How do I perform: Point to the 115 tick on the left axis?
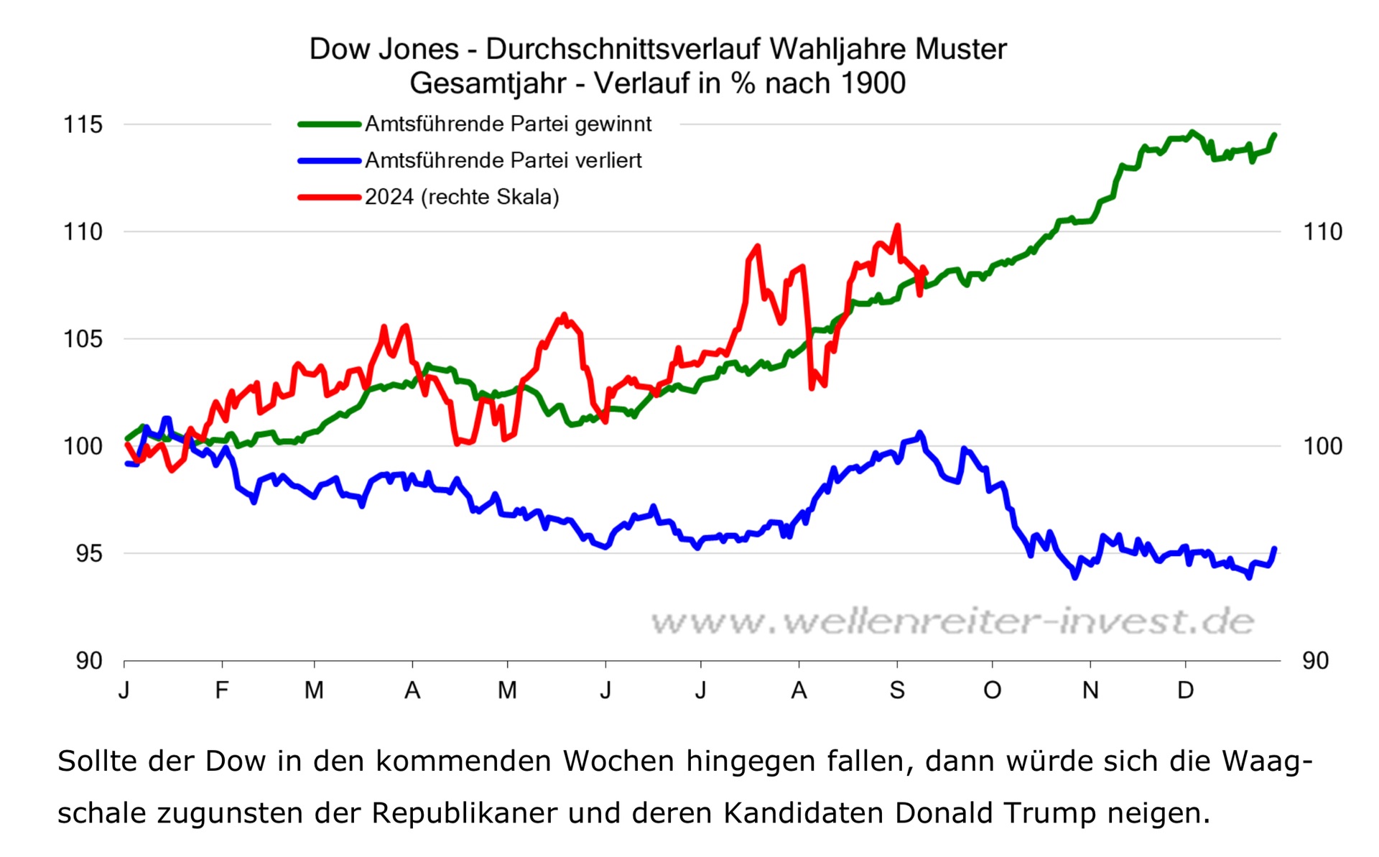click(x=83, y=124)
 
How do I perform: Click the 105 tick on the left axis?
click(x=83, y=338)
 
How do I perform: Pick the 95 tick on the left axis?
click(x=88, y=553)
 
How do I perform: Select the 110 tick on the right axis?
click(x=1322, y=231)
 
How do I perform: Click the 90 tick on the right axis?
click(x=1315, y=660)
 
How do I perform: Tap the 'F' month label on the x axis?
click(x=222, y=690)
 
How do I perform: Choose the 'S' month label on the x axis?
click(x=897, y=690)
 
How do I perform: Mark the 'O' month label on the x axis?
click(x=993, y=690)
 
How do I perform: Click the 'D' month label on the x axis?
click(x=1185, y=690)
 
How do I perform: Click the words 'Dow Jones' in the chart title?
click(x=384, y=49)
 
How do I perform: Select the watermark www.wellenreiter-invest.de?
click(x=952, y=621)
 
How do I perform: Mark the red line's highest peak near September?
click(x=897, y=226)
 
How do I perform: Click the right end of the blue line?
click(x=1275, y=549)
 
